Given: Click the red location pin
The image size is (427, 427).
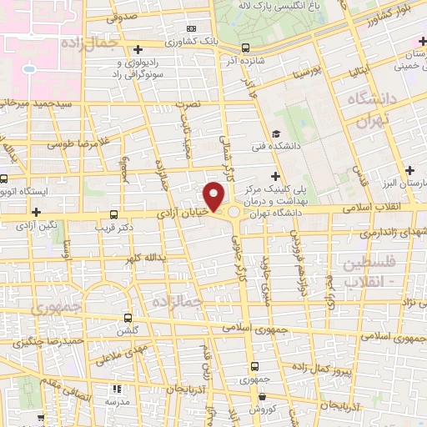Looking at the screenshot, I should pyautogui.click(x=214, y=195).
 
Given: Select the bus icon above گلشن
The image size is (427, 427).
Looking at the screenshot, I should pyautogui.click(x=127, y=318).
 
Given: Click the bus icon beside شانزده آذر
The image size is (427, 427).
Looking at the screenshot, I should pyautogui.click(x=245, y=48).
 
